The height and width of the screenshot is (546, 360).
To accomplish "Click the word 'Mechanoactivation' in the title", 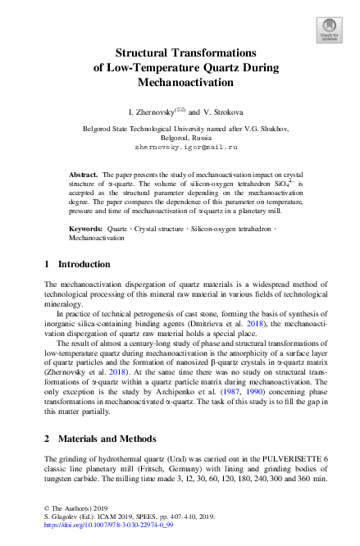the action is (x=180, y=83).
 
